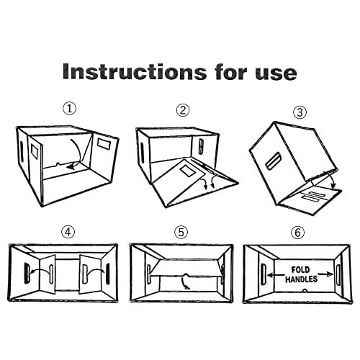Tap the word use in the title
[272, 72]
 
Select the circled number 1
[69, 109]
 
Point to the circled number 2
[183, 110]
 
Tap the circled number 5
[181, 232]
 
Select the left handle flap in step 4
[37, 273]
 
